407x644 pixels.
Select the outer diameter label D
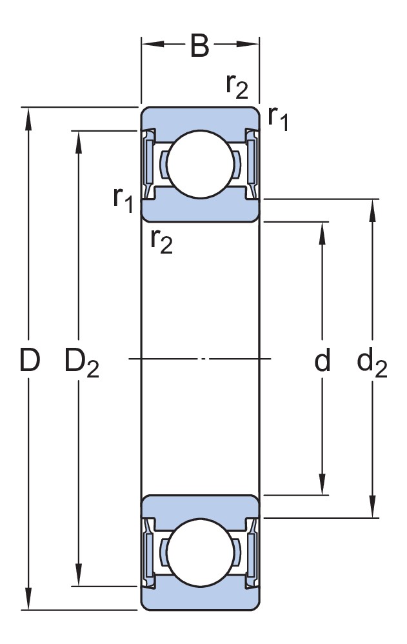[30, 361]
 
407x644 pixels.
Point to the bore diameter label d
[322, 361]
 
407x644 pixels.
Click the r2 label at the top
[237, 85]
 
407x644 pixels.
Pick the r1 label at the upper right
[278, 117]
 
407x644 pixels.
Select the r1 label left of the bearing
[123, 199]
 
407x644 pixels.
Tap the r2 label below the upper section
[161, 240]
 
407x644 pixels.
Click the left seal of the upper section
[149, 164]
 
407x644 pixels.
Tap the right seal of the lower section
[252, 551]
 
